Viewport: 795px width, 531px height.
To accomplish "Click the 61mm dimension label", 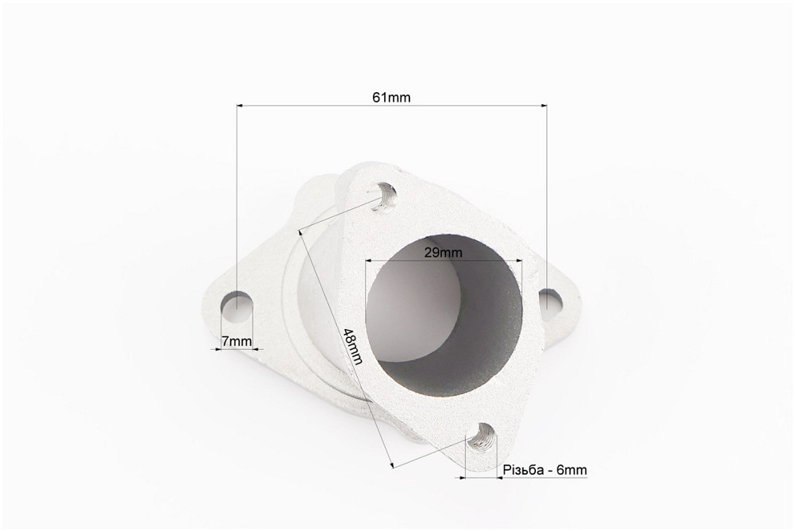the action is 391,97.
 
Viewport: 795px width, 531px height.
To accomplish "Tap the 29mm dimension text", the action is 444,252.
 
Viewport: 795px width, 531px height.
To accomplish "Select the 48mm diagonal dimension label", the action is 353,347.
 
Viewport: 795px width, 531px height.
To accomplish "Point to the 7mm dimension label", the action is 236,341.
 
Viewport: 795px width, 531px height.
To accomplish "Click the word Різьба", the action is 523,470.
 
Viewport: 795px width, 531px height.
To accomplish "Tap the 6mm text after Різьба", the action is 572,470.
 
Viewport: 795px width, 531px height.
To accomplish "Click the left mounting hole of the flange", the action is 237,308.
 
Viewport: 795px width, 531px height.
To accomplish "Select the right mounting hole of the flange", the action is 551,300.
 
